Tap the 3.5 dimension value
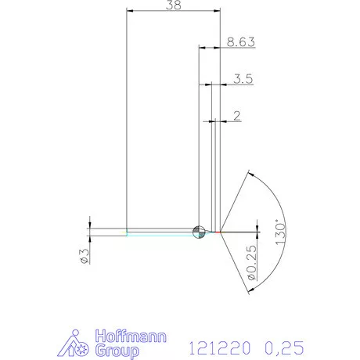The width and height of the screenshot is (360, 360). (242, 78)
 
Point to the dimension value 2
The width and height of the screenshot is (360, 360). (236, 116)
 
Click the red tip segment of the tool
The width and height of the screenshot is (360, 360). (217, 232)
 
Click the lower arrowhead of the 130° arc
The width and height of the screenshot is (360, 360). (250, 289)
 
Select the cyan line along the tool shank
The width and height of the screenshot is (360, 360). (160, 233)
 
